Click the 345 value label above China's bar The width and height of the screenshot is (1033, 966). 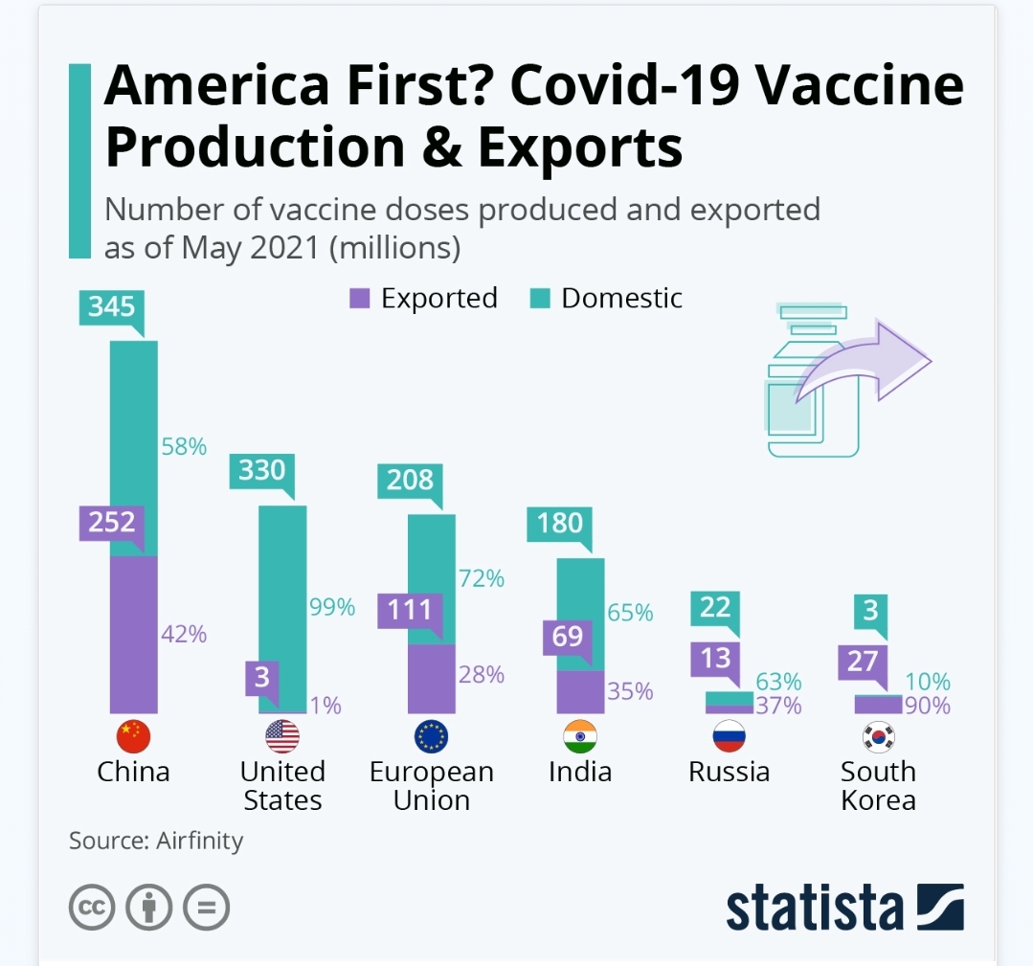[112, 306]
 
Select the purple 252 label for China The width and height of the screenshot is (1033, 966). [112, 524]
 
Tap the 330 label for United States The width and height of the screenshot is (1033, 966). [261, 470]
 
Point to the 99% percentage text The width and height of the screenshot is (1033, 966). [332, 606]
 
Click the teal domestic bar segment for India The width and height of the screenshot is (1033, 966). [580, 613]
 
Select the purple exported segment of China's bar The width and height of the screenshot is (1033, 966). [133, 634]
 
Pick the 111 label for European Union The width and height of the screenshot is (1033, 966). [410, 610]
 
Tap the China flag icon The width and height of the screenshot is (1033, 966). [133, 736]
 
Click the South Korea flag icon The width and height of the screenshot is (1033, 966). [878, 736]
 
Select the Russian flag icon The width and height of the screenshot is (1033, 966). [730, 736]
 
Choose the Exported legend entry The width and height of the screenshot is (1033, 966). [423, 299]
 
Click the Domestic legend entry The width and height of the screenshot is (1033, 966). [607, 299]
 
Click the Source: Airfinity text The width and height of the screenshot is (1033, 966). [156, 841]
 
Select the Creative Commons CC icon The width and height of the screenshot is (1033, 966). [92, 906]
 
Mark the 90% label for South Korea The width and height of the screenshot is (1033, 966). [928, 707]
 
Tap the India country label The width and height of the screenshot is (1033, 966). [580, 772]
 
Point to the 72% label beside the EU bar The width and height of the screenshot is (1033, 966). [482, 578]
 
